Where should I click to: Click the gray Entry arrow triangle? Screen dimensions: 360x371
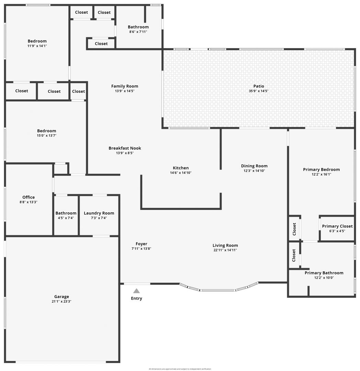point(136,291)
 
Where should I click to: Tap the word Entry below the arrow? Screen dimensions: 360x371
point(136,299)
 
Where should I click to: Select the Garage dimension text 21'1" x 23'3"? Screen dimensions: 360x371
point(61,302)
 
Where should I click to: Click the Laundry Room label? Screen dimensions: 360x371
point(99,213)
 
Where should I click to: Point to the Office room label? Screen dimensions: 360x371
point(29,197)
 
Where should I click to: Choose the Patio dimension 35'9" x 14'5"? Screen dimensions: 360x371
point(259,91)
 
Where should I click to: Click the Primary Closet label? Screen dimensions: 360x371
point(337,226)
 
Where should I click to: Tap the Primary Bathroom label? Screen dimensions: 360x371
point(324,273)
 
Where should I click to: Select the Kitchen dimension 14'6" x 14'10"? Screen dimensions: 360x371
point(181,173)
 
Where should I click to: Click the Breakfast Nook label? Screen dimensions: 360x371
point(125,148)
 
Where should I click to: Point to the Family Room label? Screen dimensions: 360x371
point(125,86)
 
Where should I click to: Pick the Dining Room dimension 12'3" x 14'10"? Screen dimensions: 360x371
point(254,171)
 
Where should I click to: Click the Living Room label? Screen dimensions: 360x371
point(225,245)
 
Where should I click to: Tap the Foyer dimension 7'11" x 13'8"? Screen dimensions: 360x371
point(142,249)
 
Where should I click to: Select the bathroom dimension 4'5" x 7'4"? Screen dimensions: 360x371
point(66,218)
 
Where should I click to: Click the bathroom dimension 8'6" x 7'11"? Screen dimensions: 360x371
point(138,32)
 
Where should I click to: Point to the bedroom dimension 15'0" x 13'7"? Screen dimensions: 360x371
point(47,136)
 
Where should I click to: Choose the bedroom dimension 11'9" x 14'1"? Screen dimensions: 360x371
point(37,46)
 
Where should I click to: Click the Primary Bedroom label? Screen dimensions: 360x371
point(322,169)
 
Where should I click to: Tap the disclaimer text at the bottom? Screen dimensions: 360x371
point(180,369)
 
